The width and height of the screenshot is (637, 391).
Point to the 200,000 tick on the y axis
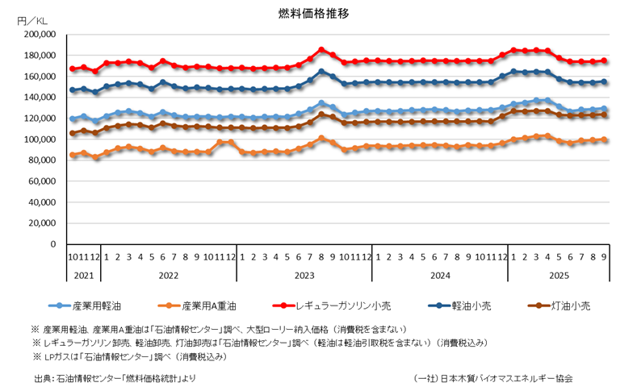click(39, 35)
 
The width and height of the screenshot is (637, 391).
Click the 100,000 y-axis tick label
click(39, 139)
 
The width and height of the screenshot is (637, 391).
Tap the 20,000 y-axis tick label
click(41, 223)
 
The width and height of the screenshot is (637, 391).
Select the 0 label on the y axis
click(52, 244)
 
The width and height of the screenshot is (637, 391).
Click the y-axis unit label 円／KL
click(33, 19)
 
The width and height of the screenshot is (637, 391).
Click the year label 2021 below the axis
click(84, 275)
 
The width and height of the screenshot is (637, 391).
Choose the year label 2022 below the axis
click(168, 275)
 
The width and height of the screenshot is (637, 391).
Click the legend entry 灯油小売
click(571, 306)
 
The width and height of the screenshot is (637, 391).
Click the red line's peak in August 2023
click(321, 50)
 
